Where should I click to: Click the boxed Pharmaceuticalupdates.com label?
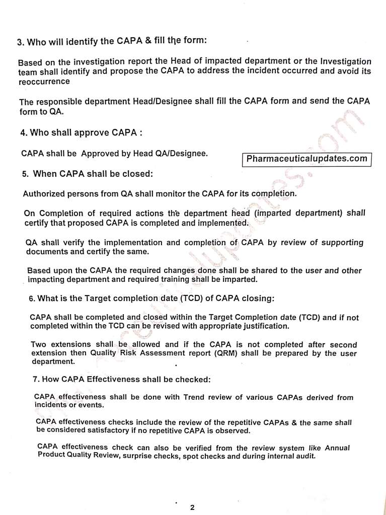(306, 159)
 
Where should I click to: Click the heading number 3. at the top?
(21, 43)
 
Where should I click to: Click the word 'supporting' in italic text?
(339, 242)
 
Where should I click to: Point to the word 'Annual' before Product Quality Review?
(337, 448)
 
